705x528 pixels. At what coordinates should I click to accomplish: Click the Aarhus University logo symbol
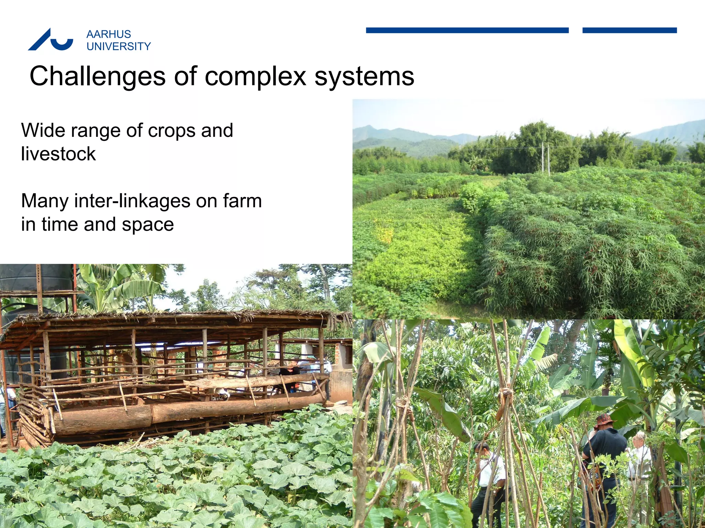(x=50, y=40)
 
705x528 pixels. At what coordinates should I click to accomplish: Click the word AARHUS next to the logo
(x=109, y=34)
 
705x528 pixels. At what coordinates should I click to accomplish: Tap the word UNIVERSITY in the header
(x=119, y=46)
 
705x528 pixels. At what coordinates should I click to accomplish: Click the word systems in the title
(x=365, y=76)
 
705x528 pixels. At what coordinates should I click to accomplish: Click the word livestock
(x=59, y=154)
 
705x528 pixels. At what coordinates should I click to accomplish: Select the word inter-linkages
(x=132, y=201)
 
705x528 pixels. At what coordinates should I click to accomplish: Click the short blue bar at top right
(x=630, y=30)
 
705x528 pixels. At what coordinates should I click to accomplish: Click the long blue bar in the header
(x=467, y=30)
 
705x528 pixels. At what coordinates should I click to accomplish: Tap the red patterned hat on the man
(x=605, y=420)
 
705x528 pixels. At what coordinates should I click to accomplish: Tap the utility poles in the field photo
(x=546, y=158)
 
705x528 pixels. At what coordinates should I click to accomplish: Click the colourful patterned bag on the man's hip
(x=590, y=478)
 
